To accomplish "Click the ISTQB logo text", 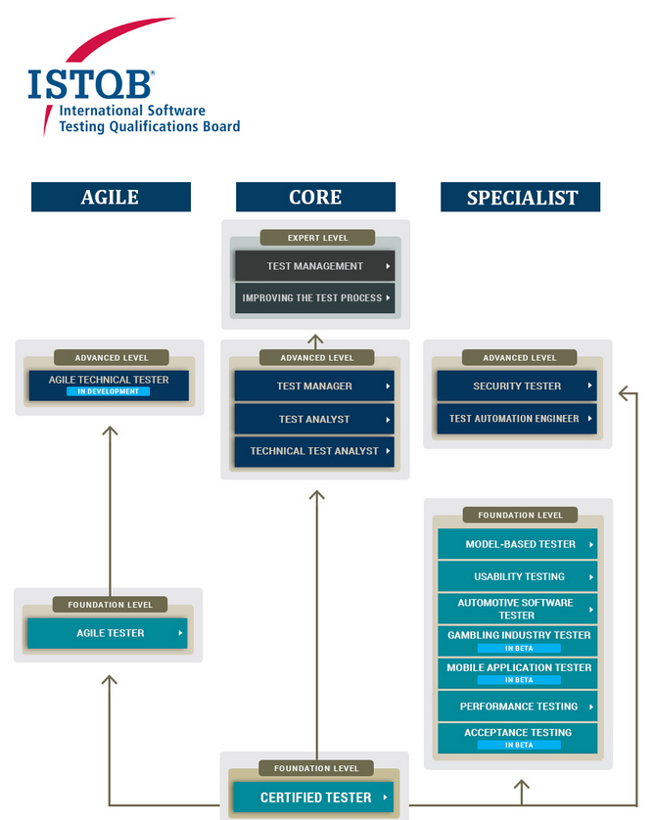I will coord(90,85).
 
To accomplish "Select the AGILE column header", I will coord(111,197).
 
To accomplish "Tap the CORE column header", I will coord(315,197).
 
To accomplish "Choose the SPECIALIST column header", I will coord(521,197).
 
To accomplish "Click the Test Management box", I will coord(314,266).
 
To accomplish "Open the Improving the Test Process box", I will coord(314,297).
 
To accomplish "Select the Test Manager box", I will coord(314,386).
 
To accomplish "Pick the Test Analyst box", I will coord(314,419).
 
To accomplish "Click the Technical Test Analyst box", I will coord(314,451).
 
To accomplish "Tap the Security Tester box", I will coord(517,386).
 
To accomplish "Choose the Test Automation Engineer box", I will coord(517,419).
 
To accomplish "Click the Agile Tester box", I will coord(108,633).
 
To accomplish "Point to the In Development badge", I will coord(109,391).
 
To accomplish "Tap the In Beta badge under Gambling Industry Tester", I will coord(519,649).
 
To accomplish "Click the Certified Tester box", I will coord(313,797).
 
